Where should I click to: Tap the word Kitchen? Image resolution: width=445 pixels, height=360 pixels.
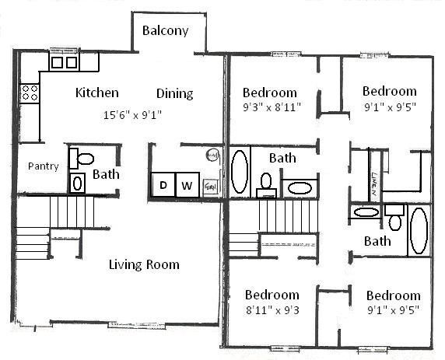97,93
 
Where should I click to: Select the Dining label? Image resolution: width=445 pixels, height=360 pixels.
174,94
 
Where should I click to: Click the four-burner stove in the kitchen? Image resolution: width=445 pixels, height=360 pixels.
30,93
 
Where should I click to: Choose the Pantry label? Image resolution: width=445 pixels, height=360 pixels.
44,166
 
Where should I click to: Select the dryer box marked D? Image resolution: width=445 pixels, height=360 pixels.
163,185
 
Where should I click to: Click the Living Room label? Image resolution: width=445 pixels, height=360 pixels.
143,264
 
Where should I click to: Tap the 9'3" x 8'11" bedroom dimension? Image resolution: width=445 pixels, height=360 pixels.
271,106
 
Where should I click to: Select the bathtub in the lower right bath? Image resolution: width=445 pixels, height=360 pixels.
419,230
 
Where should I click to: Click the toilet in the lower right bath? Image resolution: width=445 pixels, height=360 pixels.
394,221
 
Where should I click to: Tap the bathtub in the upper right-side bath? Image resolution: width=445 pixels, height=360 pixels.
240,171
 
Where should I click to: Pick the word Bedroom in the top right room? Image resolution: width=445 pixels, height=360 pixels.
389,91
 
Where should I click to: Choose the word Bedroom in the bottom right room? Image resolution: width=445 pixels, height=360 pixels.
393,295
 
